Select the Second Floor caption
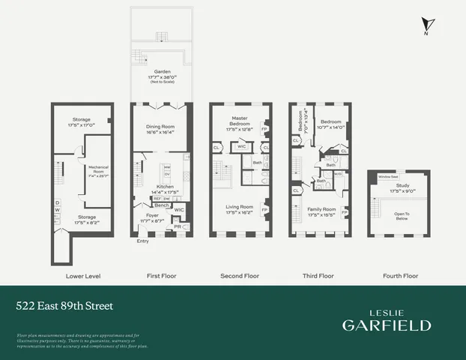tap(240, 276)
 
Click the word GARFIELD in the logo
tap(387, 325)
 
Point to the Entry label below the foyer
tap(142, 241)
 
